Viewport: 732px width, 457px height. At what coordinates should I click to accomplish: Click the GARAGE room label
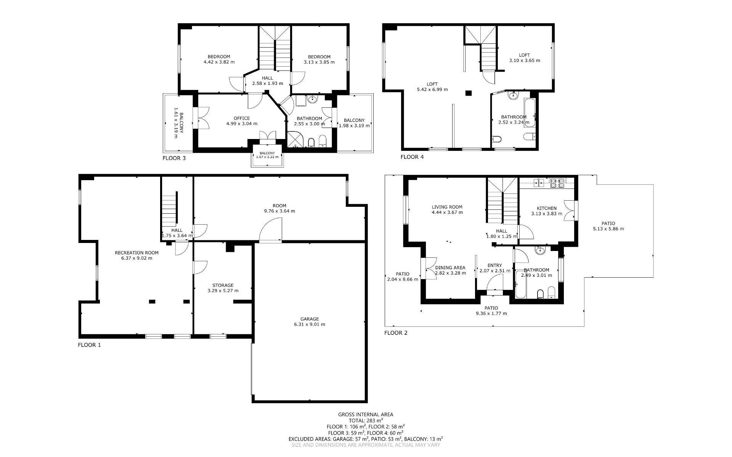[309, 319]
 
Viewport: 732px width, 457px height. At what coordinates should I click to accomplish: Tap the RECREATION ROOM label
[136, 252]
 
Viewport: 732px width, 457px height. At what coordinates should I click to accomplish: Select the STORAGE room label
[223, 285]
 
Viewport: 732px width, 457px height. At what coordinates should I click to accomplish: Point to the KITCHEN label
[547, 208]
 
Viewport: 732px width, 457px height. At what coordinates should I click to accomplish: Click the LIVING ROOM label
[447, 207]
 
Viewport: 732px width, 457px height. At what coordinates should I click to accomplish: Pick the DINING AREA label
[450, 268]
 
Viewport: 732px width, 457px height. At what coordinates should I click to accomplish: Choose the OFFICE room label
[242, 118]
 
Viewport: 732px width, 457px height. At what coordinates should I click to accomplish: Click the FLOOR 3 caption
[174, 158]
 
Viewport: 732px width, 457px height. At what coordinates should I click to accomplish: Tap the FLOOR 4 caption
[412, 157]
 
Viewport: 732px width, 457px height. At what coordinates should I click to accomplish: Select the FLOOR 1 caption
[90, 345]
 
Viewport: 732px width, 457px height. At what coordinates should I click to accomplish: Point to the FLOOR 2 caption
[396, 333]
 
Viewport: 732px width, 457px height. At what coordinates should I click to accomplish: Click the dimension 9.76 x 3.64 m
[279, 211]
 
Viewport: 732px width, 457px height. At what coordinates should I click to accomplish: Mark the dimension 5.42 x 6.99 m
[432, 89]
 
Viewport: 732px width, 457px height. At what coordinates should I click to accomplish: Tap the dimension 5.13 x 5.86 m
[608, 229]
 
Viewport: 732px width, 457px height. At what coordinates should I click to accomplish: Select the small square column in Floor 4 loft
[469, 93]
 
